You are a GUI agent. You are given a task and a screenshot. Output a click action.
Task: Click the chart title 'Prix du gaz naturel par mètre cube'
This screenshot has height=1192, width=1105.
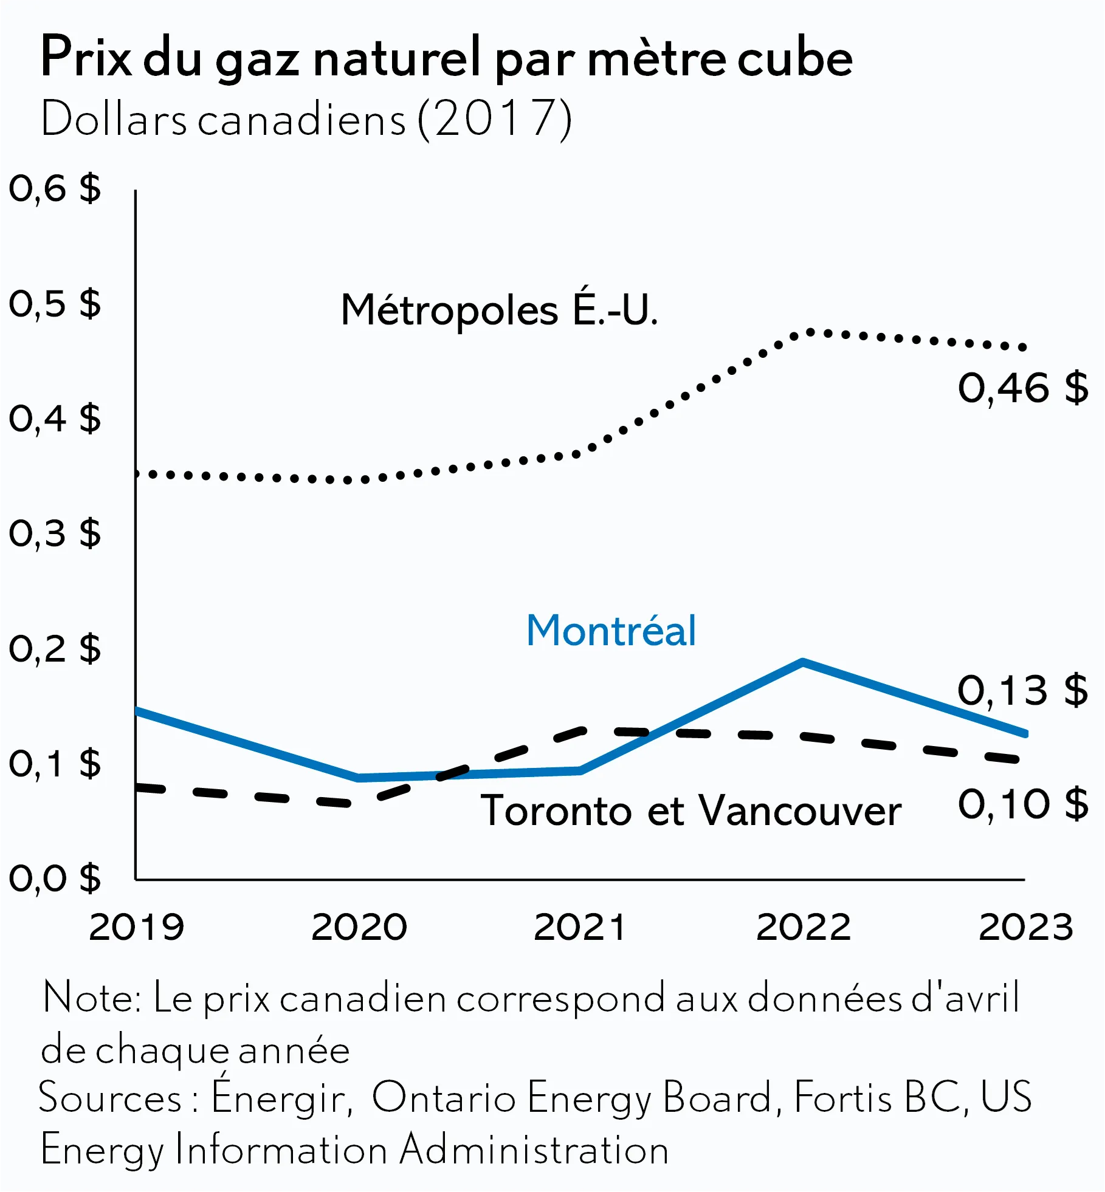447,58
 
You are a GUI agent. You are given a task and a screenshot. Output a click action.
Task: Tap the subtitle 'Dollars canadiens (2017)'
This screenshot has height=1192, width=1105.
306,118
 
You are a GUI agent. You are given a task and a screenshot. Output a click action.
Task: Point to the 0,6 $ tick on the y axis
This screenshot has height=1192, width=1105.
55,188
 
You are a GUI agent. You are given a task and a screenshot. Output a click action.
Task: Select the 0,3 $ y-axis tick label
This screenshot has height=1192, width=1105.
55,533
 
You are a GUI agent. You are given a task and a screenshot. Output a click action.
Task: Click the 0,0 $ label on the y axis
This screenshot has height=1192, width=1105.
55,879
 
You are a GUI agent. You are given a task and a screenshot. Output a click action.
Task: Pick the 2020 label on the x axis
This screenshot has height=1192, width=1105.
359,928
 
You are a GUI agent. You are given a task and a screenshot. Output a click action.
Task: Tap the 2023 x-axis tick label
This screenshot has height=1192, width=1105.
1026,928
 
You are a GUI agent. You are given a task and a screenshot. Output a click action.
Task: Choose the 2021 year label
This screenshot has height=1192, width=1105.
580,928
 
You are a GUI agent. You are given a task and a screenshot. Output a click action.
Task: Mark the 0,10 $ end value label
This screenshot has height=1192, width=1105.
1023,804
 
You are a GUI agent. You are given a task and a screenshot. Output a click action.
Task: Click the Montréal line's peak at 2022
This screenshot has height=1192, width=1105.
803,662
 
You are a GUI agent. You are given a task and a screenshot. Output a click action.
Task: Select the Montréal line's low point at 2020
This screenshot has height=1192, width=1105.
359,778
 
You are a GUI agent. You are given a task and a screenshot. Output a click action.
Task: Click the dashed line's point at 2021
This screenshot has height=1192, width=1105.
581,731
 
